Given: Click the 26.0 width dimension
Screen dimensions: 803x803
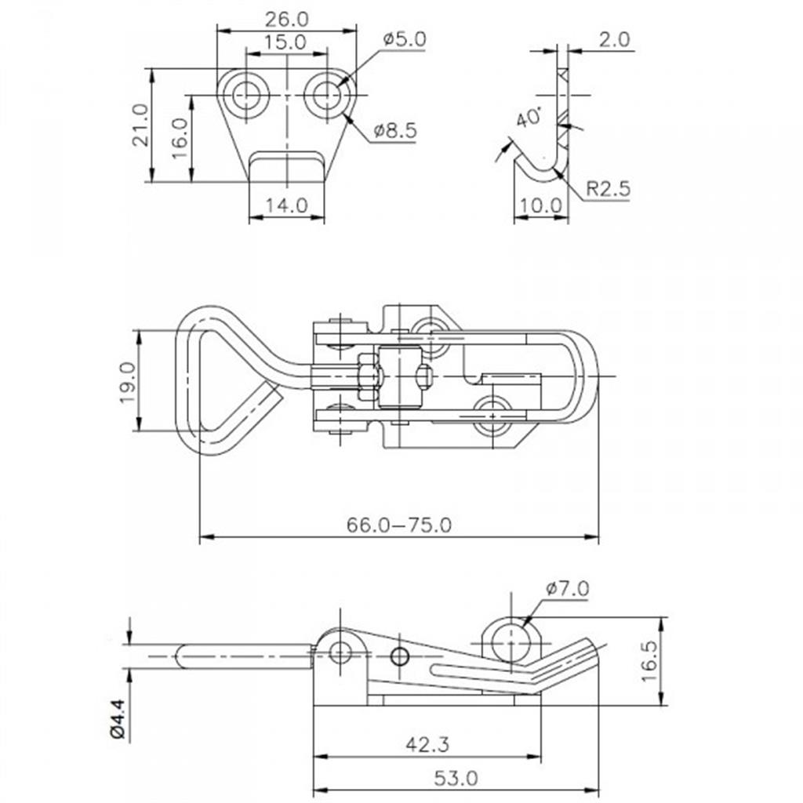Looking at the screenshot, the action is click(x=287, y=20).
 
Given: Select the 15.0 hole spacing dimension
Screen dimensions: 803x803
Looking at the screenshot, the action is click(x=285, y=42).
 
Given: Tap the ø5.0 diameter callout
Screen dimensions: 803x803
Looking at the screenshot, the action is click(x=404, y=39).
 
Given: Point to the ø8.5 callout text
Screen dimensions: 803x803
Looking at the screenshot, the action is click(x=395, y=131).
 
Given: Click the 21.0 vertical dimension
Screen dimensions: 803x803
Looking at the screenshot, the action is click(x=140, y=125).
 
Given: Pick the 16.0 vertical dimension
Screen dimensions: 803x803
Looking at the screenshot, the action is click(x=180, y=138).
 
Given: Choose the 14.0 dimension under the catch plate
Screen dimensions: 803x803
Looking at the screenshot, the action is click(x=286, y=205).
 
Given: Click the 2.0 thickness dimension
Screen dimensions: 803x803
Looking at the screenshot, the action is click(x=615, y=39).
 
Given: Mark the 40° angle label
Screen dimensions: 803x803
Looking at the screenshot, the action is click(x=529, y=118).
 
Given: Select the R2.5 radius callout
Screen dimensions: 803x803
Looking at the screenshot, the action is click(x=608, y=188).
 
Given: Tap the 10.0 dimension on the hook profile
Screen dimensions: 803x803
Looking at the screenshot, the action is click(x=541, y=206).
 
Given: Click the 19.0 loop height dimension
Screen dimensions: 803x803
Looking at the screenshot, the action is click(x=128, y=382).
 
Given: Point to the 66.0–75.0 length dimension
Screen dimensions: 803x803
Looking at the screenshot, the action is click(x=399, y=525).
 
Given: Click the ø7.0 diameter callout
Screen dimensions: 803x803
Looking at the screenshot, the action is click(x=568, y=588).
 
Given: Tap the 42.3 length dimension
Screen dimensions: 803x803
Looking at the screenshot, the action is click(x=427, y=744).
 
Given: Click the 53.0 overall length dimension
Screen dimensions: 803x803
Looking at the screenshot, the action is click(x=456, y=779).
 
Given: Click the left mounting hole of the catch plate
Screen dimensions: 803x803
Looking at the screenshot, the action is click(x=245, y=95).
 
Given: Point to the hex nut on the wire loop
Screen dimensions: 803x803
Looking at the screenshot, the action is click(x=369, y=376).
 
